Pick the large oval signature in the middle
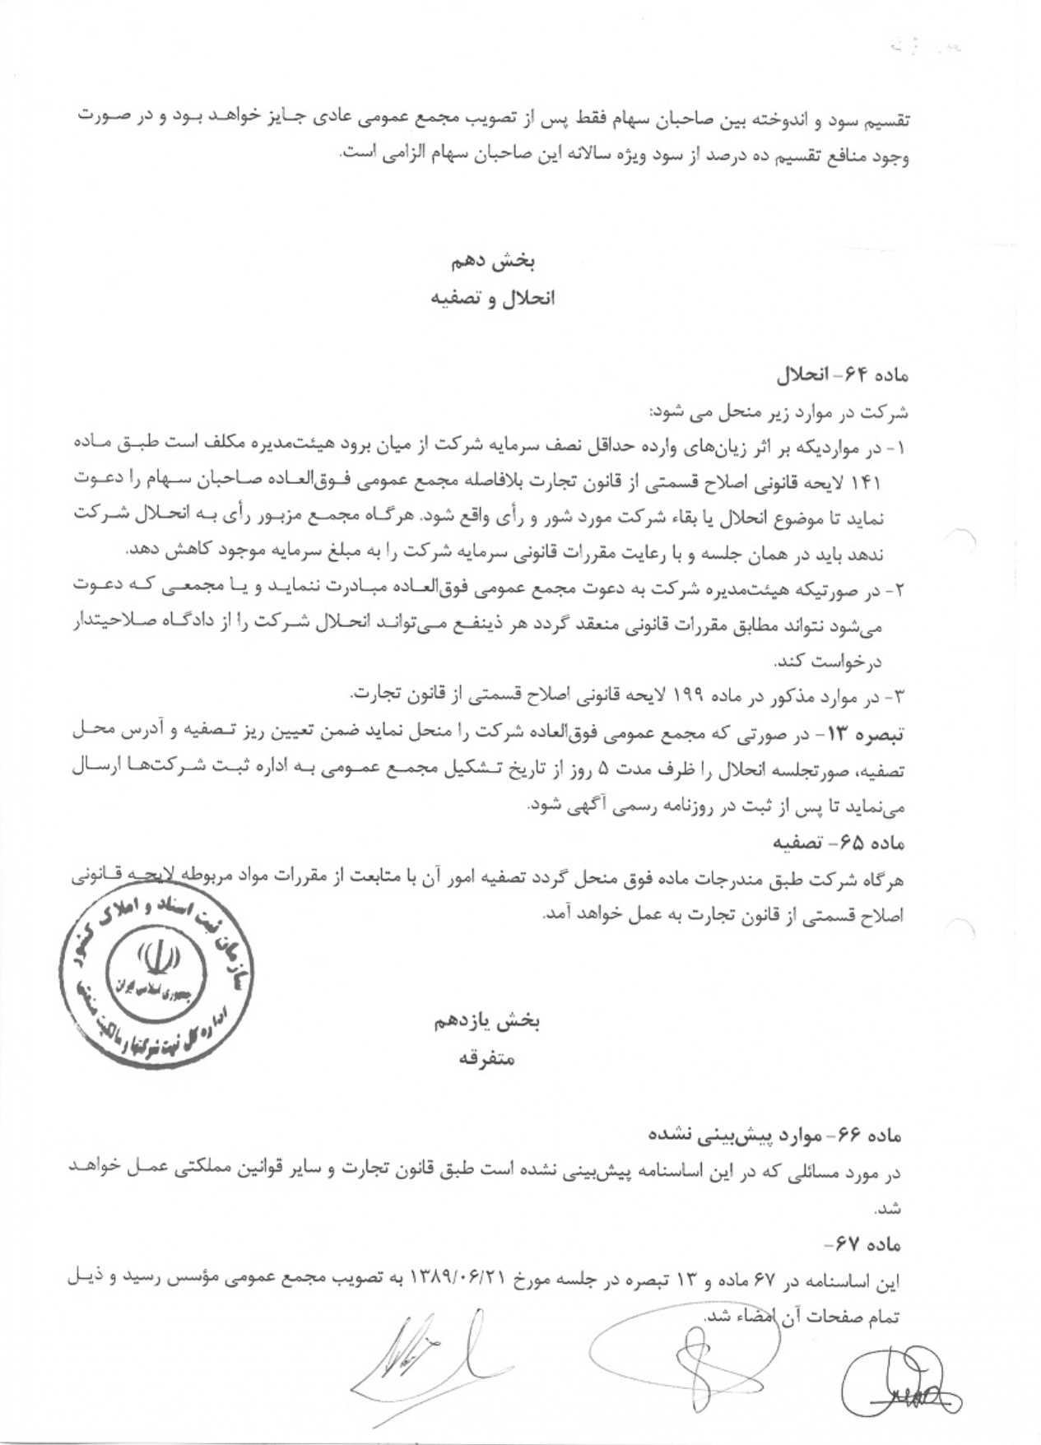tap(683, 1350)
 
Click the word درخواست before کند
tap(875, 661)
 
